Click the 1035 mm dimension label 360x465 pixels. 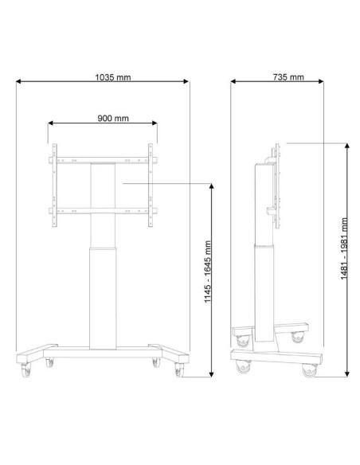pos(112,77)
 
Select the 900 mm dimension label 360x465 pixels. pos(113,119)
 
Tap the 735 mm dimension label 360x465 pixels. pos(288,77)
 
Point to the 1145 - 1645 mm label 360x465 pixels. pos(208,272)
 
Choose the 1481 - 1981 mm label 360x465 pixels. pos(344,248)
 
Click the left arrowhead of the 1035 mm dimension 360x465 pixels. pos(18,81)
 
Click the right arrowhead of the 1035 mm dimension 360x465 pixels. pos(186,81)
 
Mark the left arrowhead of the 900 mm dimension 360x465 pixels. pos(50,123)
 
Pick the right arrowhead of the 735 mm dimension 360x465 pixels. pos(321,81)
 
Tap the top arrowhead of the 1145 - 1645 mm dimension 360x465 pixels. pos(211,186)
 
